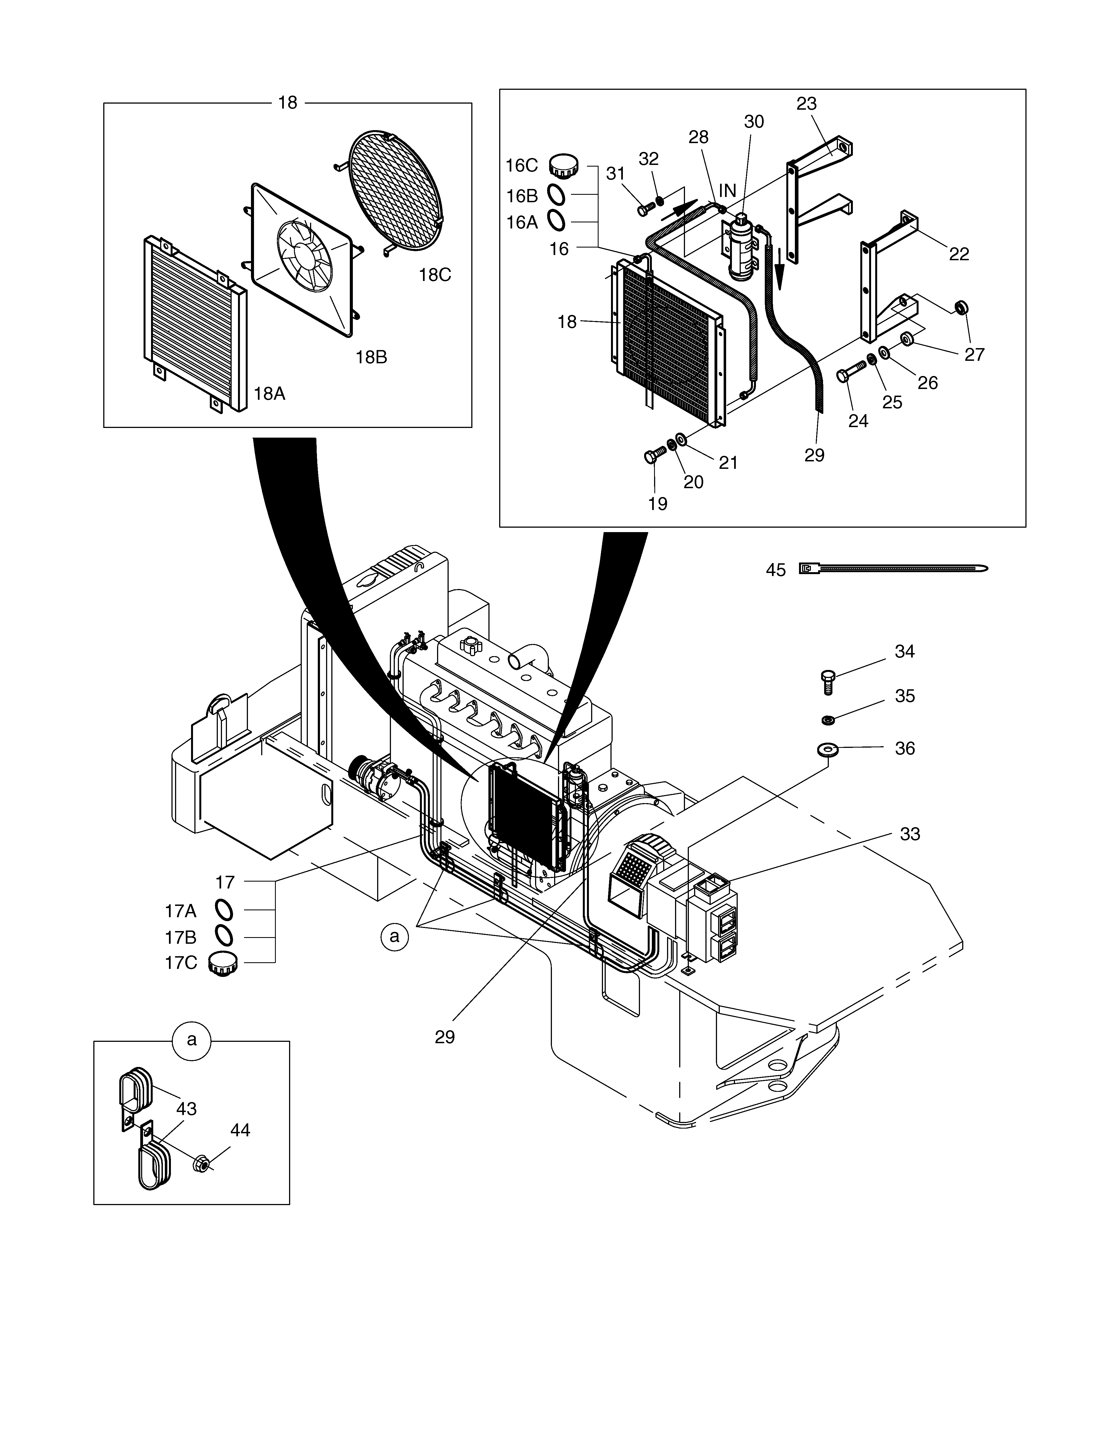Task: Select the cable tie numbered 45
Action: click(x=893, y=568)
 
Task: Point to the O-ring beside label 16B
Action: click(x=556, y=196)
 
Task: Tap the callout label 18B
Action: click(x=371, y=357)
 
